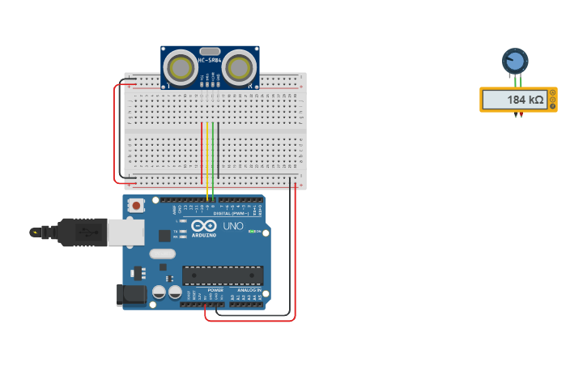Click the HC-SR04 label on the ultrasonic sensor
click(x=210, y=60)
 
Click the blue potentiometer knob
click(x=515, y=61)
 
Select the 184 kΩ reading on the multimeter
click(x=525, y=100)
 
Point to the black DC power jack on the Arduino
click(x=132, y=295)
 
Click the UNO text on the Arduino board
click(x=233, y=226)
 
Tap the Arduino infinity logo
click(x=204, y=226)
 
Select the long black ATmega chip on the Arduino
click(x=223, y=275)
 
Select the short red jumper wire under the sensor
click(x=202, y=154)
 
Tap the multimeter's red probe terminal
click(x=521, y=114)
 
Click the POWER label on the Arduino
click(x=215, y=290)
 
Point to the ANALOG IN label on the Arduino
click(x=249, y=290)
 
